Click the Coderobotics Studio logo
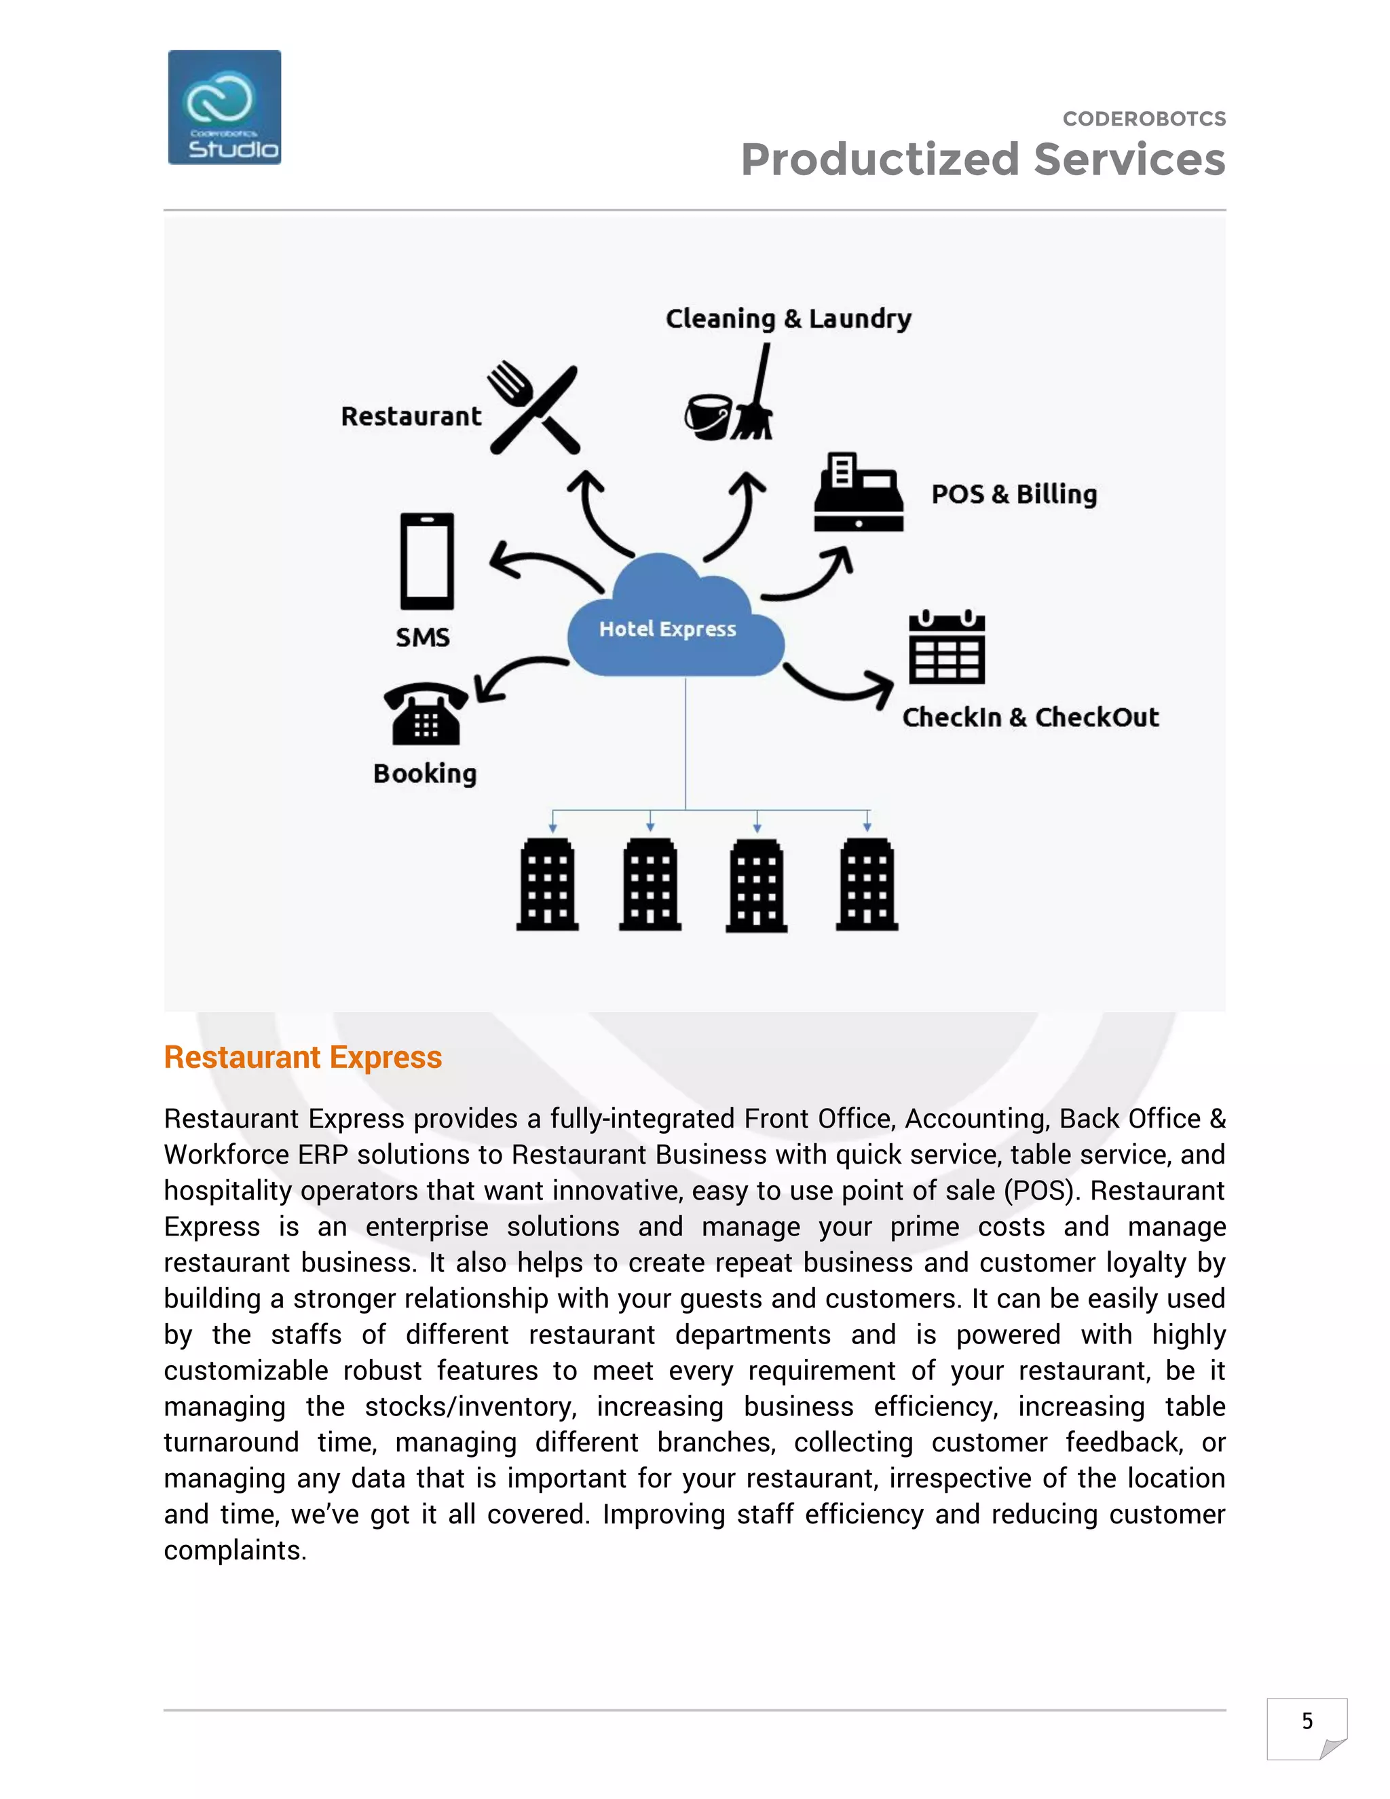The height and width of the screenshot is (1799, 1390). point(224,107)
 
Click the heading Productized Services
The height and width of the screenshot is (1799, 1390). point(982,160)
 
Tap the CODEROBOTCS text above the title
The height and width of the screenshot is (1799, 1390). point(1144,119)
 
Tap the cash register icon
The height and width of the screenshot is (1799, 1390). point(859,493)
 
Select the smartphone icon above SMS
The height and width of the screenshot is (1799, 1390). point(426,561)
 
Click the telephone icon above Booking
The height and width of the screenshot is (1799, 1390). point(426,713)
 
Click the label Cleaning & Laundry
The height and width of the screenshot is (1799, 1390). point(788,319)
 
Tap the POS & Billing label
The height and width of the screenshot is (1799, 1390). point(1014,494)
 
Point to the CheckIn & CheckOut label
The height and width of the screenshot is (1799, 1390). point(1030,718)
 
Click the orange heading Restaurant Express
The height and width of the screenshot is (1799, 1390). point(303,1057)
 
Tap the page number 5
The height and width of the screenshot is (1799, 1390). point(1307,1721)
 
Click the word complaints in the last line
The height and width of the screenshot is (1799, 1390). point(235,1551)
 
